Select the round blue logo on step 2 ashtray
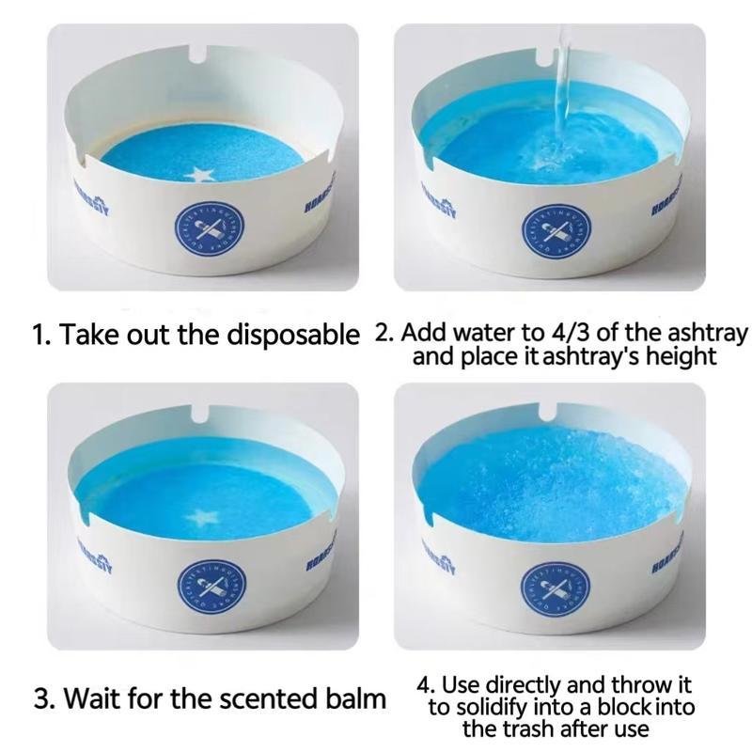tap(556, 229)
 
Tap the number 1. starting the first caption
tap(41, 335)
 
